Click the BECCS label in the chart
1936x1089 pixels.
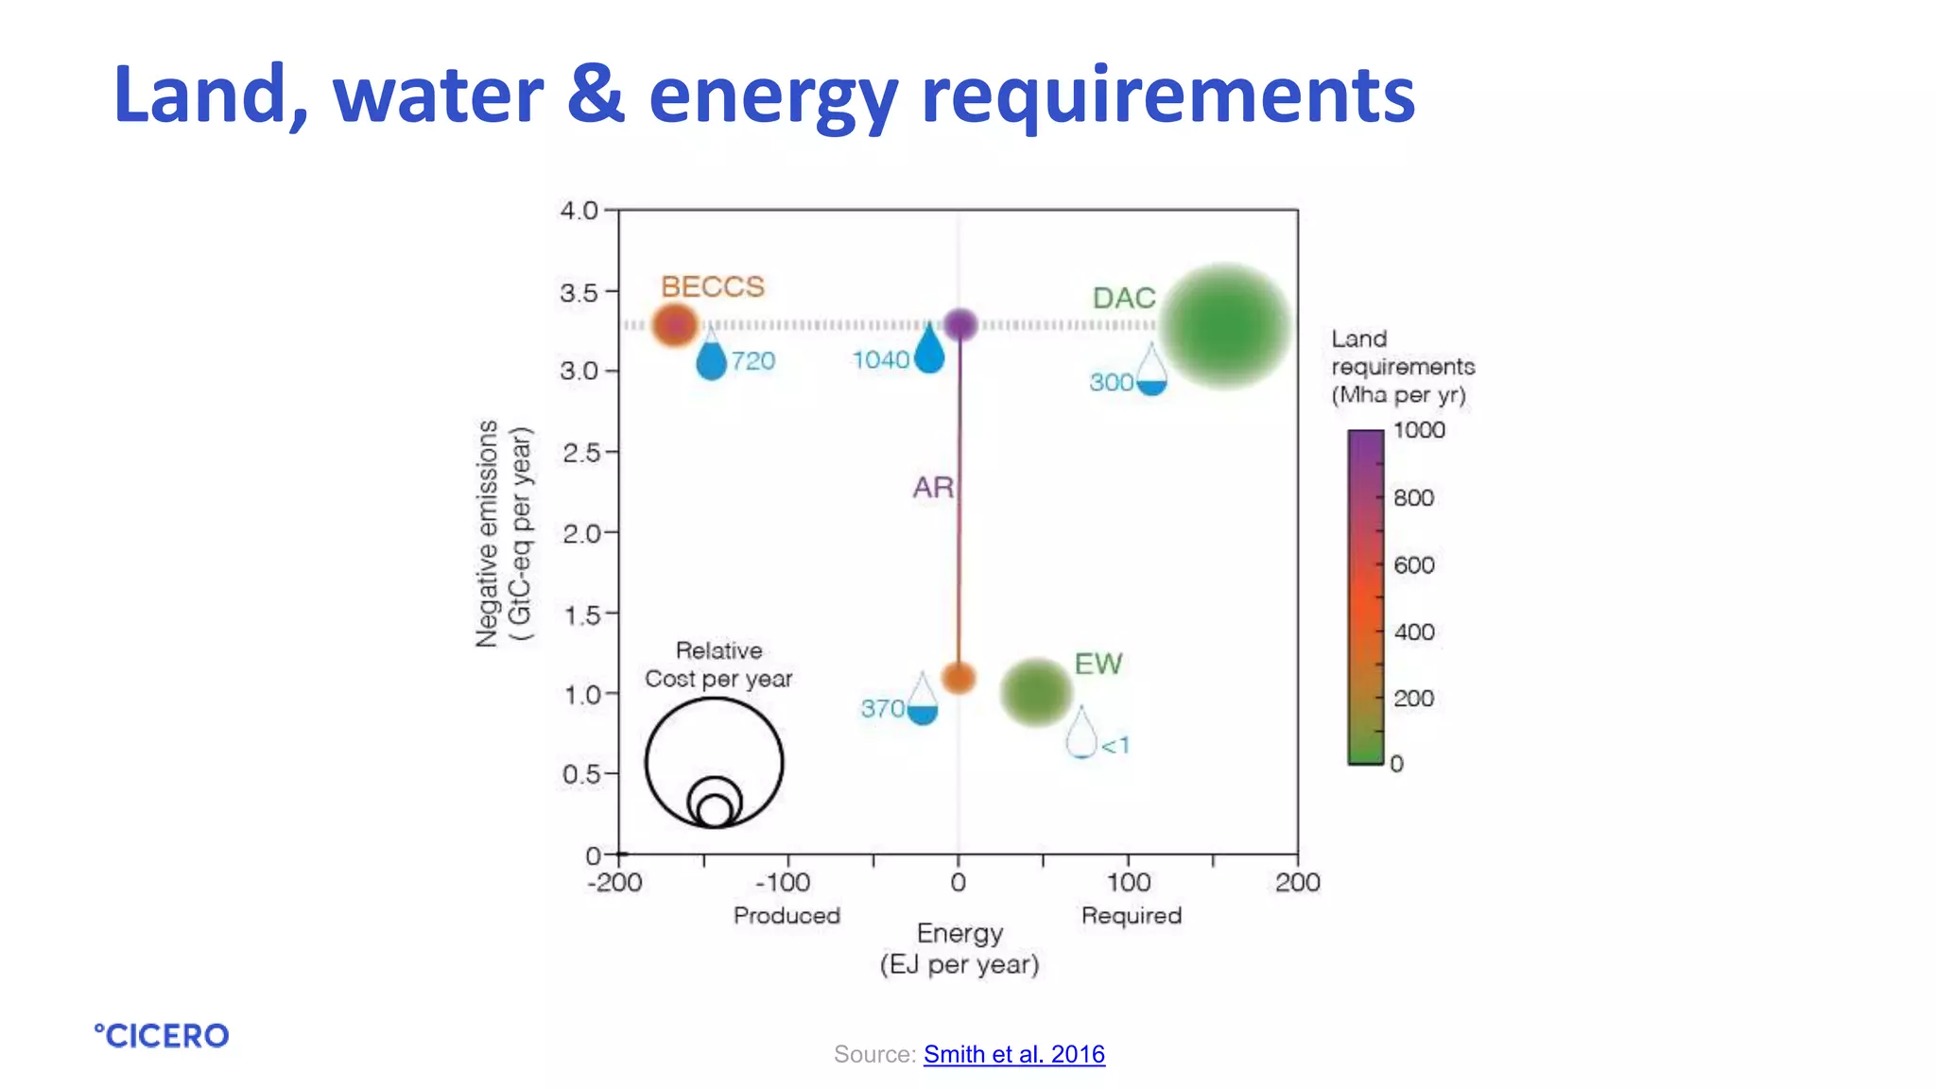[x=712, y=286]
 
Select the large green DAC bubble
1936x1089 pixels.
[x=1224, y=326]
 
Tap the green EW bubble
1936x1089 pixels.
[x=1036, y=692]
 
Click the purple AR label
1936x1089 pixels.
[x=932, y=488]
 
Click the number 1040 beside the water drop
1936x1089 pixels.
[x=880, y=360]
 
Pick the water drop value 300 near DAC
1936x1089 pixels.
[x=1111, y=383]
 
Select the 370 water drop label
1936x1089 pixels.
[x=882, y=709]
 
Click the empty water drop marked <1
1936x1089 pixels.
[x=1081, y=735]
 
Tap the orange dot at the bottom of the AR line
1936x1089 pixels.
[x=959, y=678]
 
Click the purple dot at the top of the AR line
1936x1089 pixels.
[x=960, y=324]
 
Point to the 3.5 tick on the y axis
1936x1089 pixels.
[x=579, y=292]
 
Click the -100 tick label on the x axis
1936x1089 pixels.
[x=783, y=883]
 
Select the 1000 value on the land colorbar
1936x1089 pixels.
[x=1419, y=430]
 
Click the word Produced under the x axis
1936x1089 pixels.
[x=786, y=915]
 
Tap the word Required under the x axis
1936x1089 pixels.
[x=1131, y=915]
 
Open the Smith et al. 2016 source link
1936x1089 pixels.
[x=1013, y=1054]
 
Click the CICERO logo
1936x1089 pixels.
[x=162, y=1036]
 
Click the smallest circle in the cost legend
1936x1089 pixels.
[x=715, y=811]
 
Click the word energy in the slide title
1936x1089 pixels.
[x=773, y=96]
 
